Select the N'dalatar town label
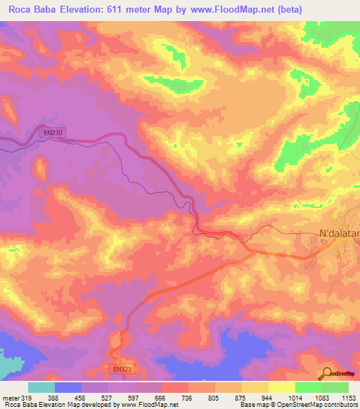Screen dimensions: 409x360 (339, 233)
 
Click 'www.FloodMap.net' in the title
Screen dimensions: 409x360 (272, 9)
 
